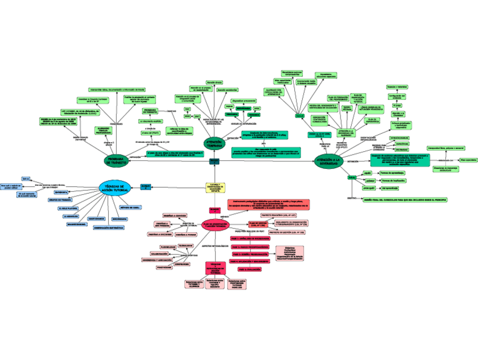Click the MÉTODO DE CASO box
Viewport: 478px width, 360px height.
pos(130,207)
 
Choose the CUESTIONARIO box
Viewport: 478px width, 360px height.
pos(96,219)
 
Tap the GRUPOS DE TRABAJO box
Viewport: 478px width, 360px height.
pos(59,200)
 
